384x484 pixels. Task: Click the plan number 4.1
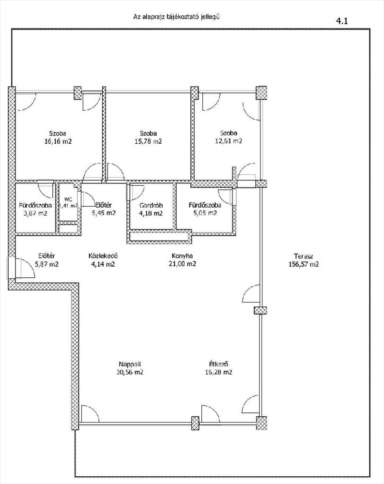342,21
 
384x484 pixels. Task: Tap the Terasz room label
304,256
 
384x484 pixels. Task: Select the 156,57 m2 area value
304,264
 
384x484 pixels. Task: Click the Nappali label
130,364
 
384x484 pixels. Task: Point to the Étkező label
218,364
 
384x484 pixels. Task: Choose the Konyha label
182,256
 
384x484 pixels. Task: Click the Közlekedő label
103,256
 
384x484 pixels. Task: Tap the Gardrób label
151,205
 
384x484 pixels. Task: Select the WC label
68,199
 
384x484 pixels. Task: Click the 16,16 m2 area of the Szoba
58,142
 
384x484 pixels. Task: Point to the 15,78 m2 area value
148,142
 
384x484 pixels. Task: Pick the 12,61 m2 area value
229,141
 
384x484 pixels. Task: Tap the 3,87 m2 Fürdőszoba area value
35,213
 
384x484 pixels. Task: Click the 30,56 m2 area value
130,372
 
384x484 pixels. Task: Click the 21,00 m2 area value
182,264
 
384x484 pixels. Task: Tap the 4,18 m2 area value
151,213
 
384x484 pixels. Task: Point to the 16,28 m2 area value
218,372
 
